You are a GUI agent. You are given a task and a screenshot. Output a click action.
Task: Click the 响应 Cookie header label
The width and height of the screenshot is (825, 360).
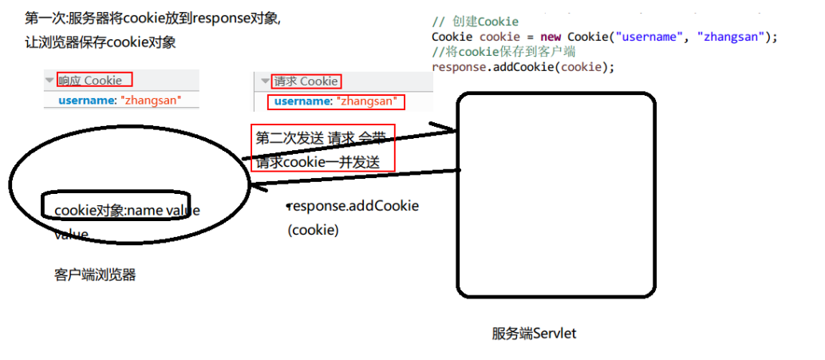91,80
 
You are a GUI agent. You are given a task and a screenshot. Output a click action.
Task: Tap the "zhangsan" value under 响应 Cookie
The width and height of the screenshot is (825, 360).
151,100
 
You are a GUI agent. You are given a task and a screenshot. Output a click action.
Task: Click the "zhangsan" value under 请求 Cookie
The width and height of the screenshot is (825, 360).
366,101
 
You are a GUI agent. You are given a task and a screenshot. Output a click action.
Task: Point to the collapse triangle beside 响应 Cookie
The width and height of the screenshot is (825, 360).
49,80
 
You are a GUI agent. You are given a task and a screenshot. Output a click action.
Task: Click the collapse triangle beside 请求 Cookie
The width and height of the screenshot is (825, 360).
265,81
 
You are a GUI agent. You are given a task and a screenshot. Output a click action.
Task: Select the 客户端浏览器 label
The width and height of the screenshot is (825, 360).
95,275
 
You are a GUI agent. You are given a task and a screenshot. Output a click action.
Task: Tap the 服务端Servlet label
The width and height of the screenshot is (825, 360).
534,333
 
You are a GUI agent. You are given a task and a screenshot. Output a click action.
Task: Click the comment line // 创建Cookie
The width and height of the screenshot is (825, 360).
475,22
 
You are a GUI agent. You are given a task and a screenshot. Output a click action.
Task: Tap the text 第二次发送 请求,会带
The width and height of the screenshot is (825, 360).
319,138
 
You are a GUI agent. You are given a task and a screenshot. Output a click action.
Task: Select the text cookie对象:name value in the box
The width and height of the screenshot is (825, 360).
127,210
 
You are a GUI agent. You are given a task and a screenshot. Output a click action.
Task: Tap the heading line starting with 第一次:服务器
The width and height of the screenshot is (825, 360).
152,18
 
